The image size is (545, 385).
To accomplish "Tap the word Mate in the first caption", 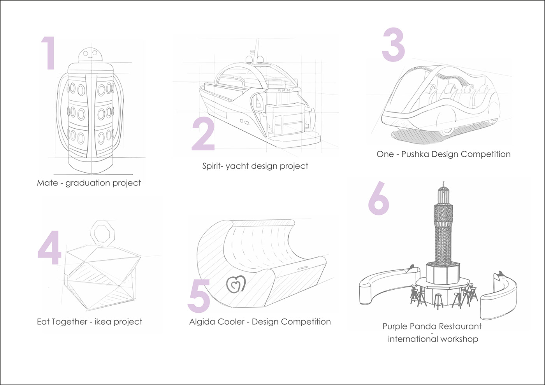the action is click(x=47, y=183).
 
